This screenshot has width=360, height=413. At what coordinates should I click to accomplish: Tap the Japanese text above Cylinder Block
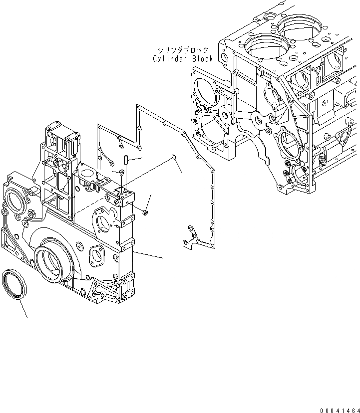pyautogui.click(x=183, y=50)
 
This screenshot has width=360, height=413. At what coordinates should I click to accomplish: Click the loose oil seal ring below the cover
pyautogui.click(x=16, y=285)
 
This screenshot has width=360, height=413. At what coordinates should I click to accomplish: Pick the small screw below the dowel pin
pyautogui.click(x=122, y=173)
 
